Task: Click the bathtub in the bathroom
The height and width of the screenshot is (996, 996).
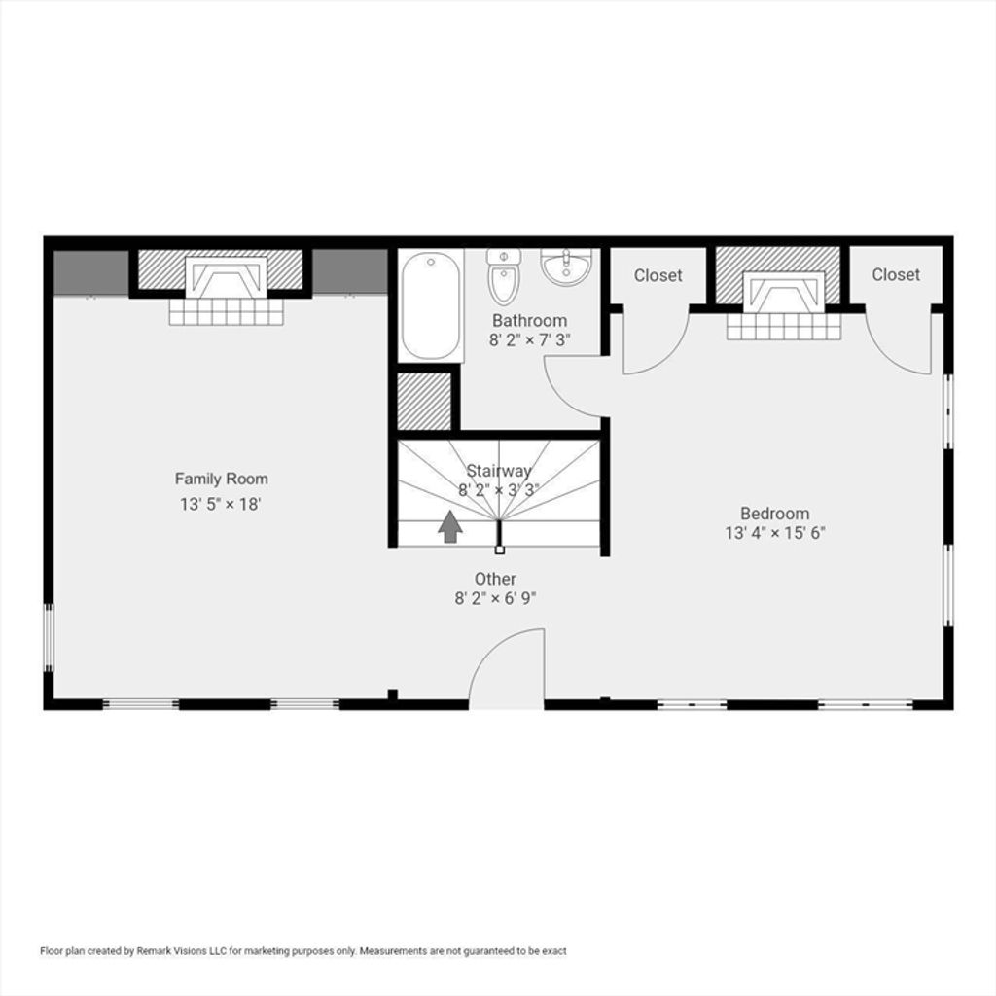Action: point(431,305)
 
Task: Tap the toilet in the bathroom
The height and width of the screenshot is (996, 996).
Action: point(504,276)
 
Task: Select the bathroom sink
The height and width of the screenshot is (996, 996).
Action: point(566,267)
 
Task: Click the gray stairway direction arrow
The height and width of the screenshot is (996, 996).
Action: point(450,526)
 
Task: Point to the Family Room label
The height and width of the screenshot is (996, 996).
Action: point(222,479)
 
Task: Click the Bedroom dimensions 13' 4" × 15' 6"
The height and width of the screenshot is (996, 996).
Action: point(775,532)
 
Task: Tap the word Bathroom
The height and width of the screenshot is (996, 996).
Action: point(530,320)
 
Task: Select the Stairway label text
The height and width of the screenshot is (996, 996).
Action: point(499,471)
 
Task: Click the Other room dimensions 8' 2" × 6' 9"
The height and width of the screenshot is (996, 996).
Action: point(495,598)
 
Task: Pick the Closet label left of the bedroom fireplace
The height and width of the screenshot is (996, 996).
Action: point(658,275)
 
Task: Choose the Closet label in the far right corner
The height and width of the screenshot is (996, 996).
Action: point(896,274)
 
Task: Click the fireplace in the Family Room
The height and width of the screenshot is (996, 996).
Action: point(226,277)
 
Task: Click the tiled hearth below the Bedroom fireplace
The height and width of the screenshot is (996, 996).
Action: point(785,327)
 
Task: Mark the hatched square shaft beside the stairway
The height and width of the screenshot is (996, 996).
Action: point(424,401)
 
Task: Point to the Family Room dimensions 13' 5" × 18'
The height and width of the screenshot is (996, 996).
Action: point(221,505)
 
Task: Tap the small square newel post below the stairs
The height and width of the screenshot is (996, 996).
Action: point(499,551)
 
